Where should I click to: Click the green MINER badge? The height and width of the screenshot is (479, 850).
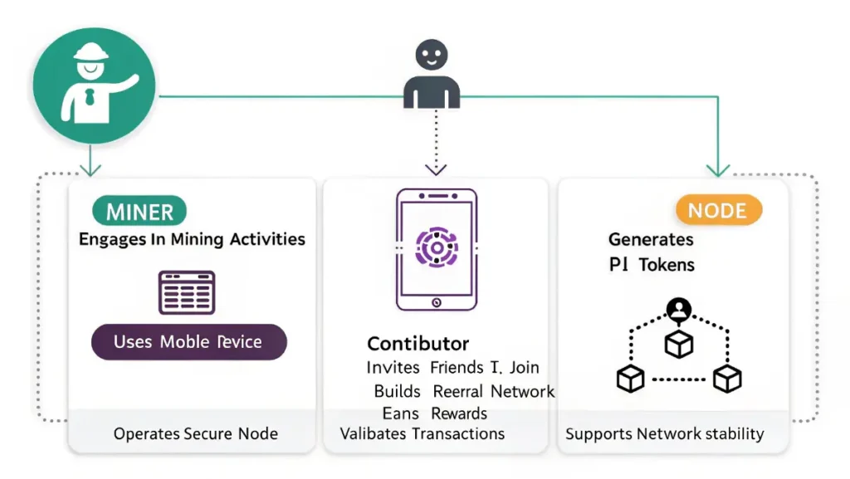coord(140,212)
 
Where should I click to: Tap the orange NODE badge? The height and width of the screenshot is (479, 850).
coord(718,210)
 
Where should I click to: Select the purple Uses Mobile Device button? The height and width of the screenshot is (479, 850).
coord(188,342)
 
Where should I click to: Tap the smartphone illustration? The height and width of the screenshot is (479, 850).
coord(436,249)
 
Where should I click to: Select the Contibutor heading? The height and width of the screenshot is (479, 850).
coord(418,344)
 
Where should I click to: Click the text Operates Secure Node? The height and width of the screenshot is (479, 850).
coord(196,433)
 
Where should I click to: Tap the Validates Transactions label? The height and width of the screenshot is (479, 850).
coord(423,433)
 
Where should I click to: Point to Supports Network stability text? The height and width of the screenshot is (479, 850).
coord(665,433)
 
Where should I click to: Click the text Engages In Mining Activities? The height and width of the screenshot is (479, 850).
coord(192,240)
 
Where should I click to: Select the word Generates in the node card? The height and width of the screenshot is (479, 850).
coord(651,240)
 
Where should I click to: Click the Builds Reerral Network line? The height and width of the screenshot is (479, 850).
coord(464,391)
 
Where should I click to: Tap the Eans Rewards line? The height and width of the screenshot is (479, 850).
coord(435,413)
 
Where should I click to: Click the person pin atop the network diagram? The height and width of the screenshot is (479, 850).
coord(679,310)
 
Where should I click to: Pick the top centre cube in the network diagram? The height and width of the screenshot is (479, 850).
coord(679,344)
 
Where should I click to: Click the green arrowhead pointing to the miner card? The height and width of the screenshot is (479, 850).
coord(90,169)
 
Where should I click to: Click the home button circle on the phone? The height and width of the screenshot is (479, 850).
coord(436,304)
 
